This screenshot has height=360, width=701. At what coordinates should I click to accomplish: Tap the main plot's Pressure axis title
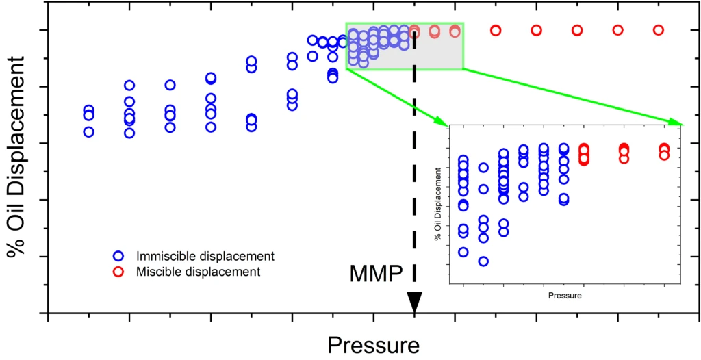pos(373,345)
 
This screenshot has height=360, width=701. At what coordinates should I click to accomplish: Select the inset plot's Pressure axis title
pos(565,296)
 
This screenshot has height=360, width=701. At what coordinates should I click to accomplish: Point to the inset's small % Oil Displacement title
pos(437,203)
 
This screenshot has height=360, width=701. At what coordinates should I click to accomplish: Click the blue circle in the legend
pos(118,256)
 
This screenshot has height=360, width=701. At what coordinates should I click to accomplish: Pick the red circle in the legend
pos(118,272)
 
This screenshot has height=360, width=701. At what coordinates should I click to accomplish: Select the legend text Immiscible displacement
pos(205,256)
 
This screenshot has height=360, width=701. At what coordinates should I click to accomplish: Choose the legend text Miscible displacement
pos(199,272)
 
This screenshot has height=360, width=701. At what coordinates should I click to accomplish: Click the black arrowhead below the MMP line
pos(414,302)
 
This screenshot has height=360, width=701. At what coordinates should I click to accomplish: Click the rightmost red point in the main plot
pos(659,30)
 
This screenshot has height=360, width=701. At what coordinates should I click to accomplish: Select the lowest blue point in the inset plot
pos(483,261)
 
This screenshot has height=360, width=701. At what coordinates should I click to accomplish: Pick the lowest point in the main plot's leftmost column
pos(88,131)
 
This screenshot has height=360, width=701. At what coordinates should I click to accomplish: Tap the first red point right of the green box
pos(496,30)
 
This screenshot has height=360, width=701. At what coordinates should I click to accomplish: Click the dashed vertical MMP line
pos(414,171)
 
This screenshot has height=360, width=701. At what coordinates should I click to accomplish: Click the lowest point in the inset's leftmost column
pos(463,252)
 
